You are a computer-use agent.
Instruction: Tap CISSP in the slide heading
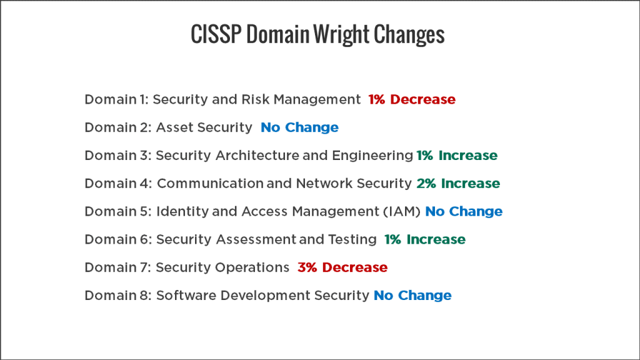tap(216, 34)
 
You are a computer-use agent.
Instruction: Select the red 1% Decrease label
tap(412, 99)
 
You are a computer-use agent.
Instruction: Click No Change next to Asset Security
tap(299, 127)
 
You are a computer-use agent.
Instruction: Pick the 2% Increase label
tap(458, 183)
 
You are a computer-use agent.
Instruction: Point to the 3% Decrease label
tap(342, 267)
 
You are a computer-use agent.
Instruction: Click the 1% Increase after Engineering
tap(457, 156)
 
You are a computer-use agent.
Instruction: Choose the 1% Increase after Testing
tap(425, 239)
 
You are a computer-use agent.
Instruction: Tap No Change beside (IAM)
tap(464, 211)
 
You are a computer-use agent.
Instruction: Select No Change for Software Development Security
tap(412, 296)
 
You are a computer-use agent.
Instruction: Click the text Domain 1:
tap(117, 99)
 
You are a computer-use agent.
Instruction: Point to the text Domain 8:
tap(118, 296)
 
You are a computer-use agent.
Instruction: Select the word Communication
tap(210, 183)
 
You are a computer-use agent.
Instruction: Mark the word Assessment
tap(256, 239)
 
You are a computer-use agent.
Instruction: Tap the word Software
tap(186, 296)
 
